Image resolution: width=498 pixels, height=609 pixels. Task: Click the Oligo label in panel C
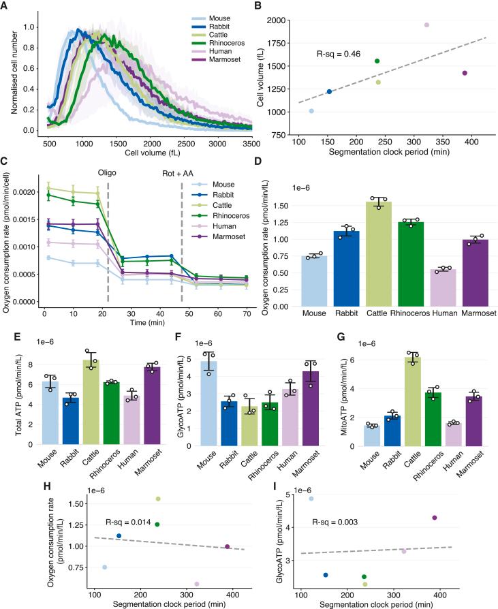coord(108,173)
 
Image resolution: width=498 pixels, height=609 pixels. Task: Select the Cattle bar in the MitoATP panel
coord(411,401)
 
